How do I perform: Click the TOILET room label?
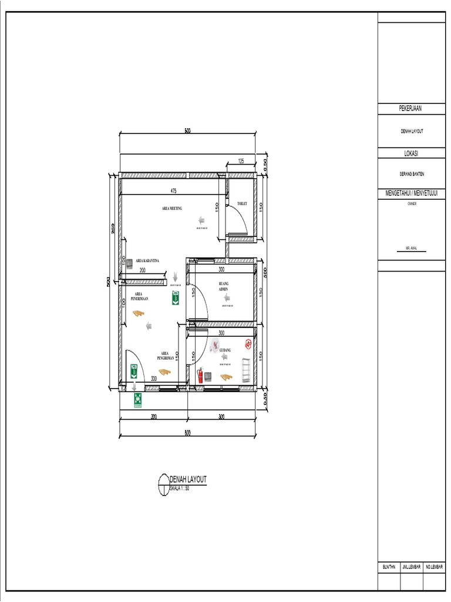click(242, 204)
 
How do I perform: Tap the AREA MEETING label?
click(172, 208)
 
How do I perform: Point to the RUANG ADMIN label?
click(223, 286)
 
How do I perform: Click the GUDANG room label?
click(225, 350)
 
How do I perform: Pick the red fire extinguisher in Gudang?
click(200, 374)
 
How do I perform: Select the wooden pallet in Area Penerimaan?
click(139, 313)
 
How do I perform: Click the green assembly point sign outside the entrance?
click(137, 400)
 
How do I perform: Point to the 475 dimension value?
click(174, 191)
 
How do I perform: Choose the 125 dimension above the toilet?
click(241, 161)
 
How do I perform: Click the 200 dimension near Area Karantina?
click(143, 270)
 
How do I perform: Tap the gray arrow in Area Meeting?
click(201, 220)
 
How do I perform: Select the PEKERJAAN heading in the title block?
click(411, 108)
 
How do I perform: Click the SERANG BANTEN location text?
click(411, 174)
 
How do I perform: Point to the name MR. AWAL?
click(411, 249)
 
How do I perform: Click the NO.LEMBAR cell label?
click(434, 567)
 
